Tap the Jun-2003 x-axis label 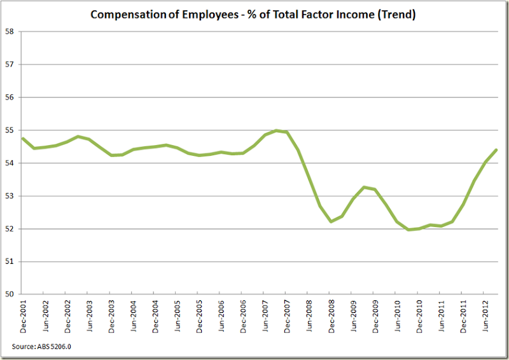[89, 315]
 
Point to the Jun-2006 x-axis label [221, 315]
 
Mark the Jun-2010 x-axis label [396, 315]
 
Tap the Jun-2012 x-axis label [484, 315]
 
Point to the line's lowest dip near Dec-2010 [407, 230]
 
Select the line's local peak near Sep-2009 [363, 187]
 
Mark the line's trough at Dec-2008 [330, 221]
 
